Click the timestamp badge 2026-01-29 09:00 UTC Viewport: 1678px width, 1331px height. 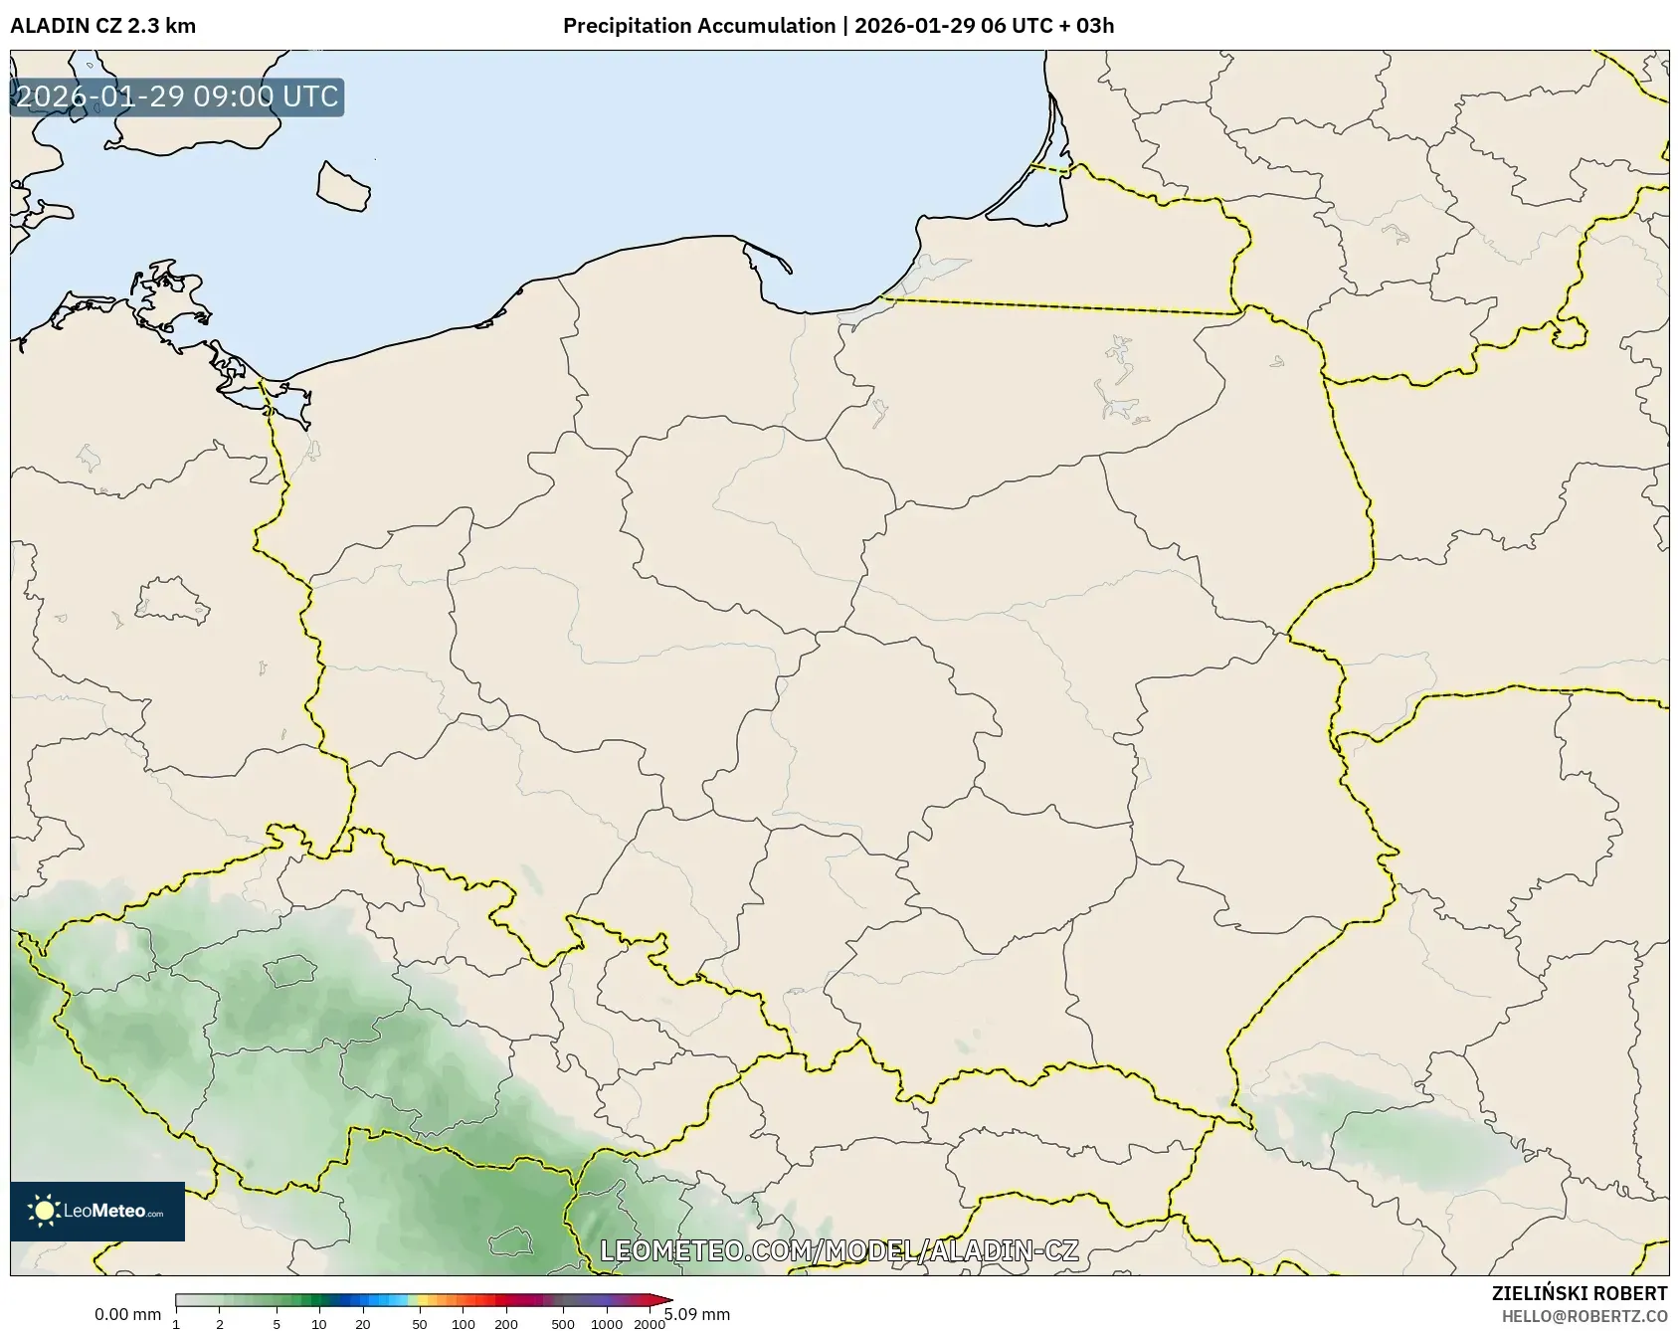[177, 97]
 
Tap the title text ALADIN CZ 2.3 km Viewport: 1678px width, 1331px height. [102, 26]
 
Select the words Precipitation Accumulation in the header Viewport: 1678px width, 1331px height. [698, 26]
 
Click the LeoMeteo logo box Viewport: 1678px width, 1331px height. [97, 1211]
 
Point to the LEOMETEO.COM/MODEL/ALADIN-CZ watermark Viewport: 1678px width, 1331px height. [839, 1250]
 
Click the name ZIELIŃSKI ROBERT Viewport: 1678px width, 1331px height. [1579, 1293]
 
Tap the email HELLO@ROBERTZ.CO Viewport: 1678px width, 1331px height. [1584, 1316]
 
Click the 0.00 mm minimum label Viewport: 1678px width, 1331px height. [127, 1314]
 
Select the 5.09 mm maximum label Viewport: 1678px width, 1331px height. [698, 1314]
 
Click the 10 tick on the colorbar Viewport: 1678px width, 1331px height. [318, 1324]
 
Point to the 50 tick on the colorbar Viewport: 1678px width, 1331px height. [420, 1324]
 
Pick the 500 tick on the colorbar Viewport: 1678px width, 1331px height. [563, 1324]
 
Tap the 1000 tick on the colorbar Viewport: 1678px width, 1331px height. [607, 1324]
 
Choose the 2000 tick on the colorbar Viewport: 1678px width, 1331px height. [650, 1324]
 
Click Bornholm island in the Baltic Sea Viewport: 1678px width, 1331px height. [342, 186]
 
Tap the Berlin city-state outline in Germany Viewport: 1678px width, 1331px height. [172, 600]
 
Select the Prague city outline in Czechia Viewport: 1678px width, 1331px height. [289, 970]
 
